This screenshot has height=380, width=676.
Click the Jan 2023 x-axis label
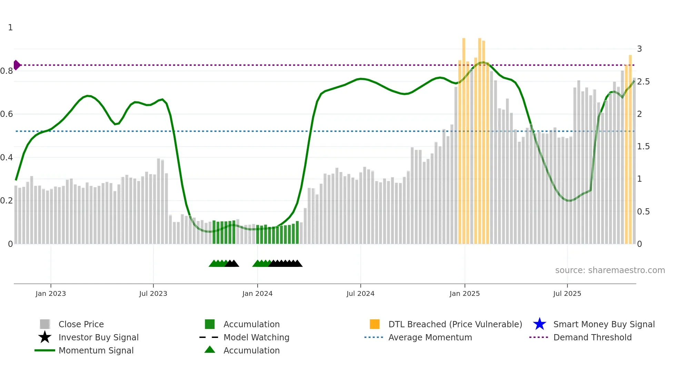tap(51, 293)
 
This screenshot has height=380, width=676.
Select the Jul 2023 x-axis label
tap(153, 293)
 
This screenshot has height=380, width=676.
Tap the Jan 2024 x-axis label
tap(257, 293)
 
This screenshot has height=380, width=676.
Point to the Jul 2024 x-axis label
tap(360, 293)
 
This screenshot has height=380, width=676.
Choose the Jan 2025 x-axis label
tap(465, 293)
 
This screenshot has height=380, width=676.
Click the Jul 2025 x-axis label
tap(567, 293)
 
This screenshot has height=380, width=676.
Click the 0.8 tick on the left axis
tap(7, 71)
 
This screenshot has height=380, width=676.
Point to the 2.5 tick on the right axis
tap(643, 82)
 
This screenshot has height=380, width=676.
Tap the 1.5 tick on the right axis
tap(643, 147)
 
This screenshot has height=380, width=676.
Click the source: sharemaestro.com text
tap(610, 270)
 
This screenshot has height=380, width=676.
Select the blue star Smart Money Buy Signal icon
tap(539, 324)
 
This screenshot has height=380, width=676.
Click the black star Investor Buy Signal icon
tap(45, 337)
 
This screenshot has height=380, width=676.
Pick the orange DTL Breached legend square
tap(375, 324)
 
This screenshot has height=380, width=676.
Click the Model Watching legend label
tap(256, 337)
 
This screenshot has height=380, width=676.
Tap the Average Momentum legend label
tap(430, 337)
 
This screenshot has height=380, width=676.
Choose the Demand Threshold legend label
tap(592, 337)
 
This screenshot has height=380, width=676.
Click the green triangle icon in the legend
tap(210, 350)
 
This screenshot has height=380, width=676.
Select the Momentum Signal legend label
tap(96, 350)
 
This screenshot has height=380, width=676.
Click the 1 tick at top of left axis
tap(10, 28)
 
